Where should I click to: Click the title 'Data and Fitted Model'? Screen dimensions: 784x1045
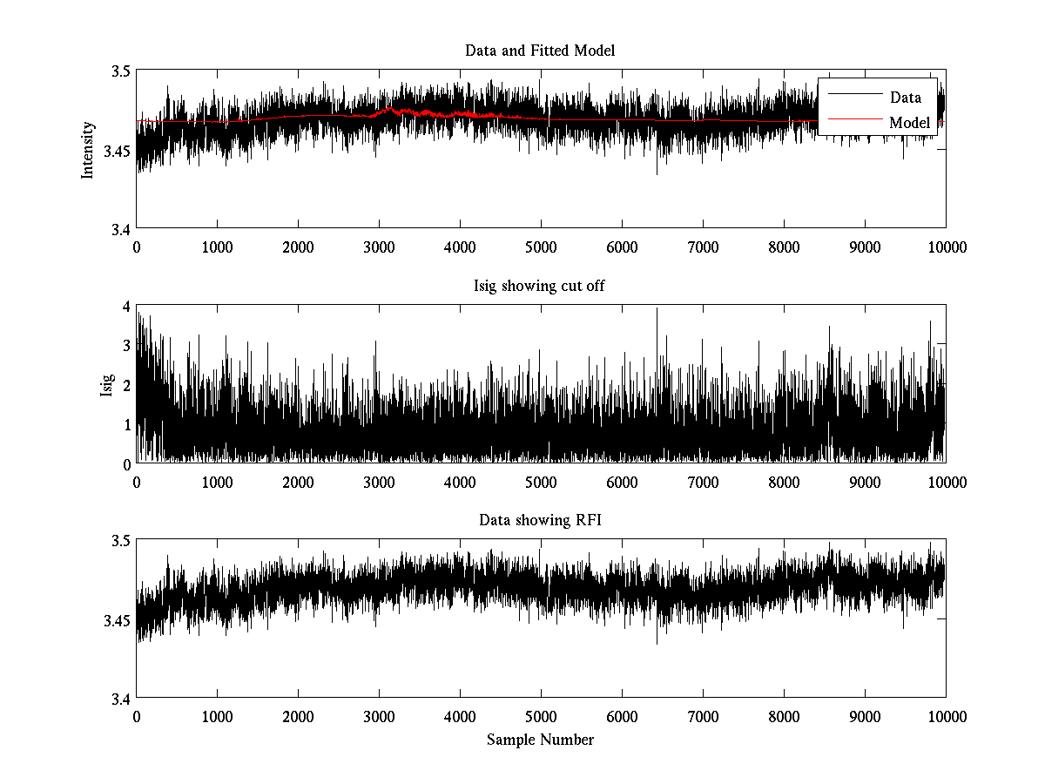click(540, 51)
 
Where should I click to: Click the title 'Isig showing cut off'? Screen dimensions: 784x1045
click(540, 286)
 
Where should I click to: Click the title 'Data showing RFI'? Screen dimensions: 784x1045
click(540, 521)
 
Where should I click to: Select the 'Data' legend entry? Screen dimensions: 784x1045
click(906, 97)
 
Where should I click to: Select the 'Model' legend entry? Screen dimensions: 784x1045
click(909, 123)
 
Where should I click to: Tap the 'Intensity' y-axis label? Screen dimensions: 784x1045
click(88, 150)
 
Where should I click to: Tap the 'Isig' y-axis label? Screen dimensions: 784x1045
click(107, 384)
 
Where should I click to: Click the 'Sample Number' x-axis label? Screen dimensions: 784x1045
click(540, 740)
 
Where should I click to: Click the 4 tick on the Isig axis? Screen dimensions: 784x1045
click(126, 307)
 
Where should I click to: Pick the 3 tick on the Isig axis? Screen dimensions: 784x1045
click(126, 346)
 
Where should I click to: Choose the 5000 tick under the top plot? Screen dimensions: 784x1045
click(541, 247)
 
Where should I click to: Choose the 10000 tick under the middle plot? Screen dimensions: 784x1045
click(946, 483)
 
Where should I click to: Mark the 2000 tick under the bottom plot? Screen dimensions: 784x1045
click(298, 718)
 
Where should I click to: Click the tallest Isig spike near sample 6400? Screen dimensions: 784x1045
click(657, 310)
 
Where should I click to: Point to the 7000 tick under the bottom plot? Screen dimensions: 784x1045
click(703, 718)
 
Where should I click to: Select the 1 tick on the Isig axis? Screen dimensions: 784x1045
click(126, 424)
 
